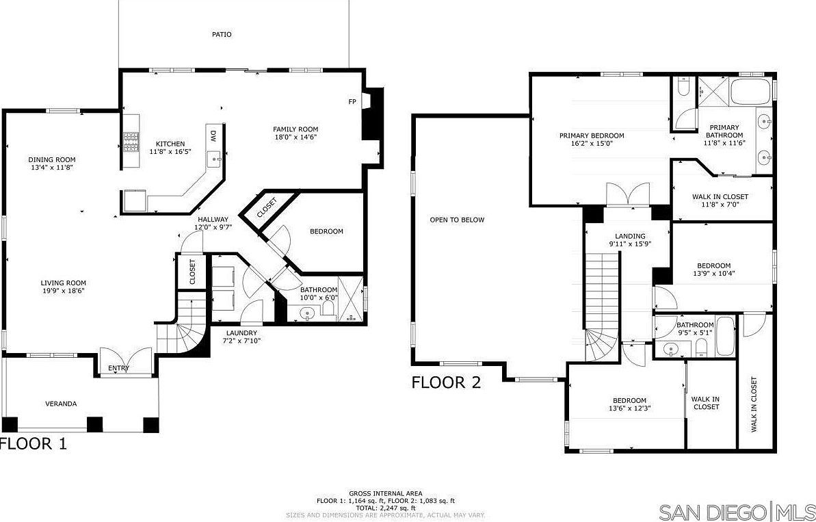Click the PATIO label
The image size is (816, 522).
[x=222, y=34]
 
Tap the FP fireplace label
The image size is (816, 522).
[x=352, y=102]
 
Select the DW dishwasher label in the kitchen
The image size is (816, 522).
[x=213, y=136]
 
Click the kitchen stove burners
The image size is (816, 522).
[x=131, y=142]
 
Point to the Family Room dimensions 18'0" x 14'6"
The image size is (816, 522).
[x=295, y=137]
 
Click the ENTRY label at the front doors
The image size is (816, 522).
[x=118, y=369]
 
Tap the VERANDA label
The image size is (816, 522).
[x=61, y=404]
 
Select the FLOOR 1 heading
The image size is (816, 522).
[x=34, y=444]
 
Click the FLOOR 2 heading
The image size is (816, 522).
[x=447, y=382]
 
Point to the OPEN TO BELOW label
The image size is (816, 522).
[x=457, y=220]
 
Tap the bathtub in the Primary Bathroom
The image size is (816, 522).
[x=752, y=92]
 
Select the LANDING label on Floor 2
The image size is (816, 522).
[x=630, y=236]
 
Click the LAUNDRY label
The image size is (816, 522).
[x=241, y=333]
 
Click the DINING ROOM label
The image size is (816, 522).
[x=52, y=160]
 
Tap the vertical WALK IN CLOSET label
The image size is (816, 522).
[x=754, y=404]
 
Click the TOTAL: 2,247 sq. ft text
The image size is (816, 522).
[x=386, y=508]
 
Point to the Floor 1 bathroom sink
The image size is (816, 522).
[x=308, y=314]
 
